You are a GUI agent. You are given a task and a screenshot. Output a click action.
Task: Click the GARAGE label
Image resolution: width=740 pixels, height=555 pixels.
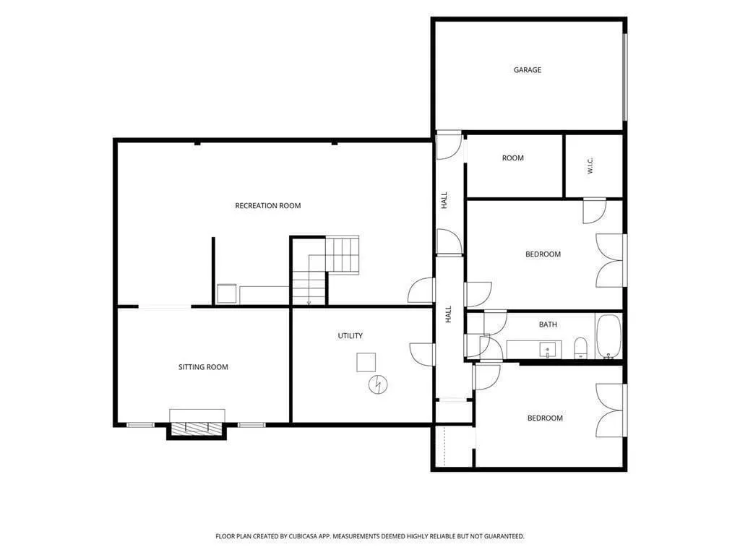(527, 70)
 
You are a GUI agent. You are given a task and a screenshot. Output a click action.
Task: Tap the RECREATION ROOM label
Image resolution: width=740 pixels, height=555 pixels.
(267, 206)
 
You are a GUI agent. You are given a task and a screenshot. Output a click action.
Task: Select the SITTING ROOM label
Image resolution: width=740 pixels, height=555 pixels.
(203, 367)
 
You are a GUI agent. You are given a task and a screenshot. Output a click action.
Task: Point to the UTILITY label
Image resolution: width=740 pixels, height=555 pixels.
(350, 336)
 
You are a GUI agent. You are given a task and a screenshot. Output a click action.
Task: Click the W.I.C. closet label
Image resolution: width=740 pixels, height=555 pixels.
(590, 166)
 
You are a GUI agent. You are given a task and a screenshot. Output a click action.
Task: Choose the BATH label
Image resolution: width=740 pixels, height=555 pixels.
(548, 324)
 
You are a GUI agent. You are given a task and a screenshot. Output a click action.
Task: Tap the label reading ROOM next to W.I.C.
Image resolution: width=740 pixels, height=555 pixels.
(513, 158)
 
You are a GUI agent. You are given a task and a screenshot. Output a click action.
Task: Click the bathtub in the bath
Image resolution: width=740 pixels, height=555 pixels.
(608, 337)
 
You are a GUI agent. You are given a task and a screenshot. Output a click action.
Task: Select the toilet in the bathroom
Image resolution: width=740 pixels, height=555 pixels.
(580, 348)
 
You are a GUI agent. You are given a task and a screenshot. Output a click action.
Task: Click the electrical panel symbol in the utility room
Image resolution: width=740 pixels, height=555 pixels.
(377, 384)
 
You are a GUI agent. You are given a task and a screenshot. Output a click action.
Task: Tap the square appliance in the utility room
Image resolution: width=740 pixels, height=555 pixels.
(366, 363)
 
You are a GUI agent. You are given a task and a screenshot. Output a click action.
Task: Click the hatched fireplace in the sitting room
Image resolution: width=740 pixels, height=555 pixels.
(197, 429)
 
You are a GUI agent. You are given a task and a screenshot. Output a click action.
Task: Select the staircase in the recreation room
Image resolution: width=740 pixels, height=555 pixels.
(325, 270)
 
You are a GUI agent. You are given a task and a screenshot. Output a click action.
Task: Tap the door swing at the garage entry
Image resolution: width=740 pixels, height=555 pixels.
(449, 145)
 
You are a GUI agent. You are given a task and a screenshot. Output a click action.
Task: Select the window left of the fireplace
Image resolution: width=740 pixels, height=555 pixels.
(140, 425)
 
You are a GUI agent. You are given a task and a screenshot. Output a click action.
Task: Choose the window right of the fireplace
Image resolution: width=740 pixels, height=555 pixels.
(251, 425)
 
